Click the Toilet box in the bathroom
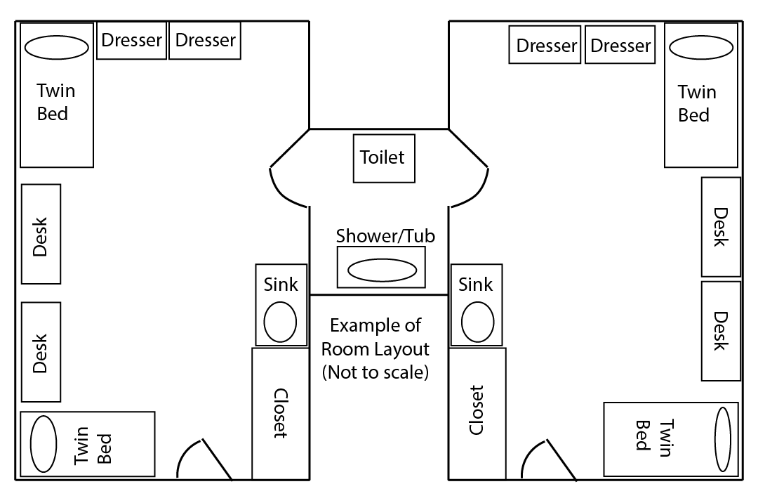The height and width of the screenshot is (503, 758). tap(383, 157)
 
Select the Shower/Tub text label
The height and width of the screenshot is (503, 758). tap(385, 236)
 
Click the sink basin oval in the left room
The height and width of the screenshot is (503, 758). tap(280, 321)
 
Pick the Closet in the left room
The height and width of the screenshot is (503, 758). tap(279, 413)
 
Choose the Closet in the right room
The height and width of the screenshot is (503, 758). tap(477, 413)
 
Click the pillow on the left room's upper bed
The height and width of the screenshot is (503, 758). tap(56, 48)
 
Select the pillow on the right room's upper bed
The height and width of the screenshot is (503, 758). tap(701, 48)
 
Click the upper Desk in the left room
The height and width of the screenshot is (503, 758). tap(41, 234)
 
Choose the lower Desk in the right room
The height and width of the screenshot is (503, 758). tap(721, 331)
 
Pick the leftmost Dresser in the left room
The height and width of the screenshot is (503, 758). tap(132, 41)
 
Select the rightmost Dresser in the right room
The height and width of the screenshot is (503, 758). tap(620, 46)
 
